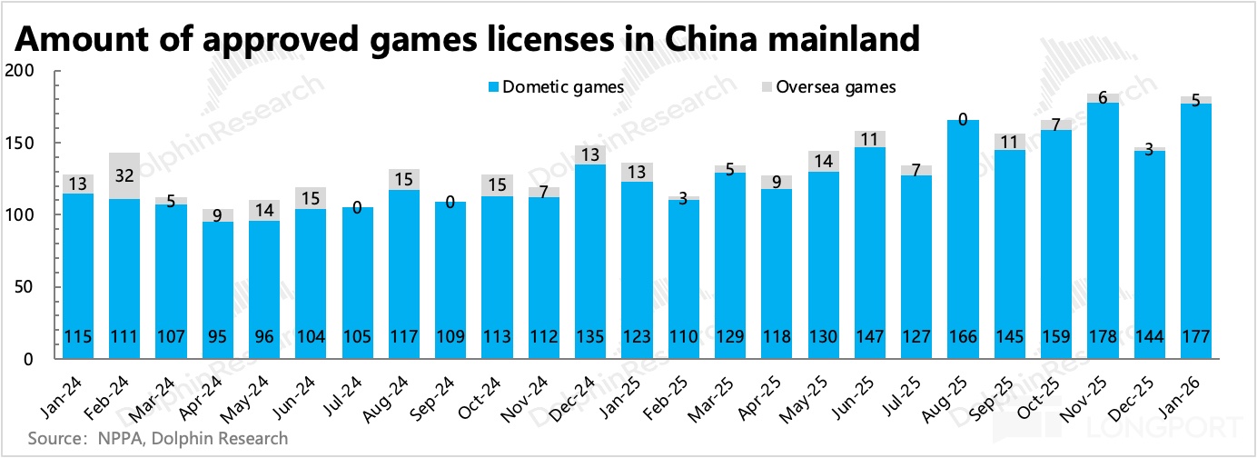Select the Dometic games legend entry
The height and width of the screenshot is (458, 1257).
click(555, 87)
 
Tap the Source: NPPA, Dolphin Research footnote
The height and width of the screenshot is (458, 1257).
click(146, 438)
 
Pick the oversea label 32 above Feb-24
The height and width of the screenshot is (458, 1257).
click(124, 175)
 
